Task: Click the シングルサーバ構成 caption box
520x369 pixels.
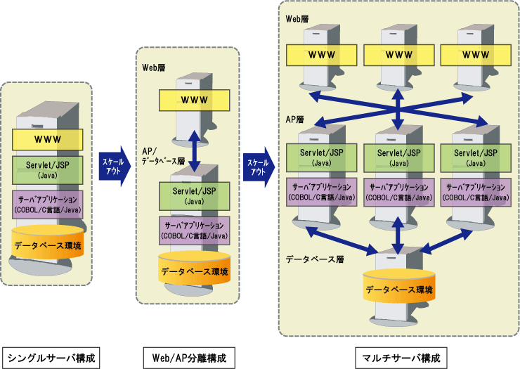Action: (x=48, y=357)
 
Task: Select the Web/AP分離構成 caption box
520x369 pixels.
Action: (x=189, y=357)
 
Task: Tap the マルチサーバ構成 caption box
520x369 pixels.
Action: (x=398, y=357)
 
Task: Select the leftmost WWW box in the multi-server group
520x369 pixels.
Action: (x=323, y=54)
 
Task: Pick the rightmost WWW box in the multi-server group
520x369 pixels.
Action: (x=476, y=54)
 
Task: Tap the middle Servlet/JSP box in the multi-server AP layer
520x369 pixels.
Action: (x=398, y=156)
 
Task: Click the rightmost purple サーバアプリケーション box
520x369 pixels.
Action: (x=475, y=192)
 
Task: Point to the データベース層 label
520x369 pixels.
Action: (x=314, y=259)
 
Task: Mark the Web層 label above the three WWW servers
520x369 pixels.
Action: (x=297, y=19)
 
